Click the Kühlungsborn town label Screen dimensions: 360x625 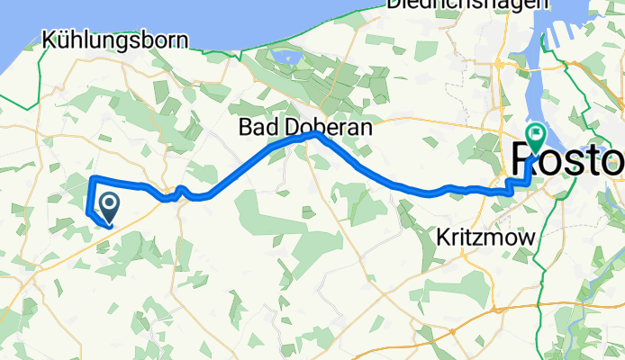tap(115, 40)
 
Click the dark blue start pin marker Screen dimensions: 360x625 tap(109, 208)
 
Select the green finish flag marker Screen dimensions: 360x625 tap(538, 138)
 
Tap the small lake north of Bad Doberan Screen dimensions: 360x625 tap(288, 59)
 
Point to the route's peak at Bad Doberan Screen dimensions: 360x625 tap(310, 134)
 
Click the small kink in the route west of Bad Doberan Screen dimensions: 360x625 tap(180, 189)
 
